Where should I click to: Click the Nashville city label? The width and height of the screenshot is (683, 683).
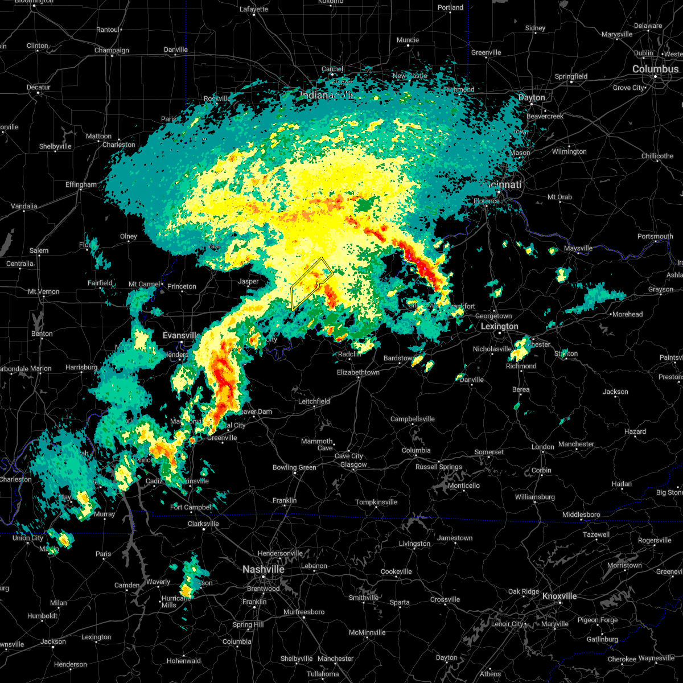pos(263,569)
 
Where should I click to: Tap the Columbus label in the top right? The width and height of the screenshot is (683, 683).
pos(655,69)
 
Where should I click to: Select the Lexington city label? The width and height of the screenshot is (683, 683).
pos(499,326)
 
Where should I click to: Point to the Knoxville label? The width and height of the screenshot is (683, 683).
pos(559,596)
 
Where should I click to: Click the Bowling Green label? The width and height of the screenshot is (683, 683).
pos(294,468)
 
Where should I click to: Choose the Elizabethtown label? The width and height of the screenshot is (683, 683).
pos(358,373)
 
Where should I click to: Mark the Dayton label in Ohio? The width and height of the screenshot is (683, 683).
pos(531,97)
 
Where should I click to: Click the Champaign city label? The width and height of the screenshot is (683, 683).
pos(112,50)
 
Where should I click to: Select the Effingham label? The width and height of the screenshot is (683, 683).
pos(81,184)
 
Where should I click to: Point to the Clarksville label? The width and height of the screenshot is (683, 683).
pos(203,524)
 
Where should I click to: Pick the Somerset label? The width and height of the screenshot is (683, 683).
pos(489,452)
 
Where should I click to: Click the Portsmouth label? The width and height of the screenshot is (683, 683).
pos(655,236)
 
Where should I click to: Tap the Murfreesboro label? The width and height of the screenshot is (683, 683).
pos(304,612)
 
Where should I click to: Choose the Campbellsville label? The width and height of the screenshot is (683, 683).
pos(412,419)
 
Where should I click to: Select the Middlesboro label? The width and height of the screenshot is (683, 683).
pos(581,515)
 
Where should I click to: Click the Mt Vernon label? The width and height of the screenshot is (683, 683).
pos(44,291)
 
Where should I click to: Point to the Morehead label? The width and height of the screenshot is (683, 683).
pos(627,314)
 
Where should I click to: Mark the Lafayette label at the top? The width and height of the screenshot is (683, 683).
pos(254,9)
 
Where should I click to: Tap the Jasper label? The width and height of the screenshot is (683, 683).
pos(248,281)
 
